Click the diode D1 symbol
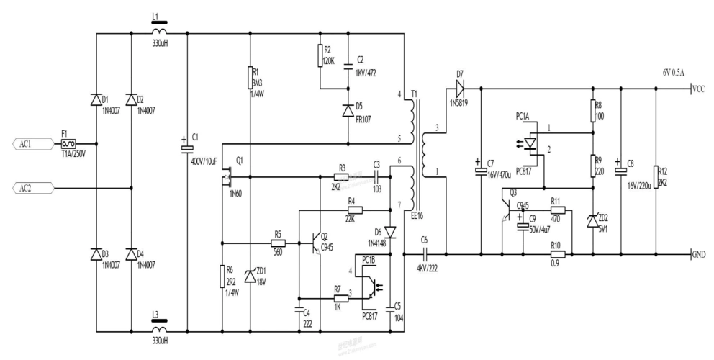[96, 100]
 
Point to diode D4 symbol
[130, 254]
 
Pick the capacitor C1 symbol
[186, 148]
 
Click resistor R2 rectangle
[320, 56]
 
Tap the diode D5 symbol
[348, 109]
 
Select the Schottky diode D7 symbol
[458, 89]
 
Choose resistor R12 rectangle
[655, 176]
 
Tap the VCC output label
[697, 89]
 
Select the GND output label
[698, 254]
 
